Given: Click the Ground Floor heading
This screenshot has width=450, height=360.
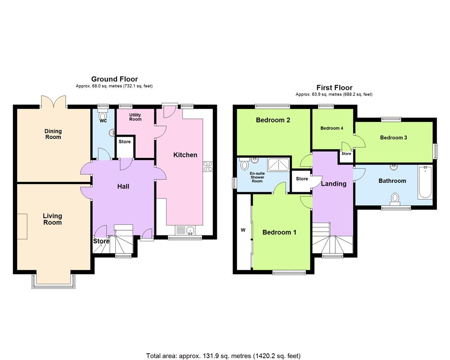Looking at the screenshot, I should coord(114,79).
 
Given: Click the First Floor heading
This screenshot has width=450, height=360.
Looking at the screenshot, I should coord(334,88).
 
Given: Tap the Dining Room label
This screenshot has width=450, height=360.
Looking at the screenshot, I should coord(53,134).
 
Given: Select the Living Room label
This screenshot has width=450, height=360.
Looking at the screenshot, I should coord(52,219).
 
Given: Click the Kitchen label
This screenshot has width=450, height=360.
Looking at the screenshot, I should coord(185,155).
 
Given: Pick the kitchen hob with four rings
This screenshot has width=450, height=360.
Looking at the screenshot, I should coord(208,166).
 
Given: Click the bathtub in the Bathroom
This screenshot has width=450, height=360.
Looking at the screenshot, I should coord(425,183).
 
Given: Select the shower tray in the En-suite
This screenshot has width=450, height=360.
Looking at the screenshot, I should coord(279,165).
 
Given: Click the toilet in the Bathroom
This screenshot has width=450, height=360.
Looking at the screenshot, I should coord(395,198).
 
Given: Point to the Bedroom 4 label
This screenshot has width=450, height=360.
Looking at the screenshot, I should coord(332,128).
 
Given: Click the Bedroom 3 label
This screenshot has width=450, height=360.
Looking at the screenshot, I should coord(393,138).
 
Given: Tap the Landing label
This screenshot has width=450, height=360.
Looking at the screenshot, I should coord(333,184).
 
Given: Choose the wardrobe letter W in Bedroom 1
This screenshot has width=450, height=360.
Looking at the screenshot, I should coord(243,230).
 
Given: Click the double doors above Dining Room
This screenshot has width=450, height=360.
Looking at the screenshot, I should coord(54,102).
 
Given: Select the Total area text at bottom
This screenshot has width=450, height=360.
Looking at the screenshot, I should coord(225,355).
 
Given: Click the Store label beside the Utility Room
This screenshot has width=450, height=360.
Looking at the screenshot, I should coord(125,142).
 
